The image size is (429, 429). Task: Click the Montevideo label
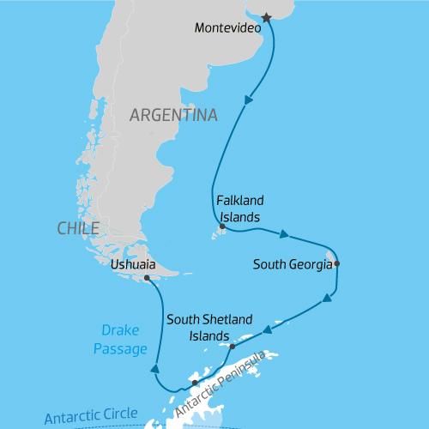point(228,27)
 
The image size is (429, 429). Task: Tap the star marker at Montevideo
point(267,17)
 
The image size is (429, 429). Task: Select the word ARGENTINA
point(174,114)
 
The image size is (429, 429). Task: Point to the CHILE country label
point(78,227)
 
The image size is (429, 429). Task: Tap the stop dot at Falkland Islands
point(222,227)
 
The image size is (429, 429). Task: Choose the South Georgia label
point(293,264)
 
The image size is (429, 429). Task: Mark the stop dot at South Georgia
point(337,263)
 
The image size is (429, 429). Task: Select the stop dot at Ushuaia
point(148,278)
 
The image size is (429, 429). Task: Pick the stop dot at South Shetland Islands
point(233,347)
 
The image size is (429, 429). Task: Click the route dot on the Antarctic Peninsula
point(195,383)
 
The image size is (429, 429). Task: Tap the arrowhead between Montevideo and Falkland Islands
point(249,100)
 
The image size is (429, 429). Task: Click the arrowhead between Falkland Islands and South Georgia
point(283,233)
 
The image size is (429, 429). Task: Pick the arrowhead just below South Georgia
point(327,299)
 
